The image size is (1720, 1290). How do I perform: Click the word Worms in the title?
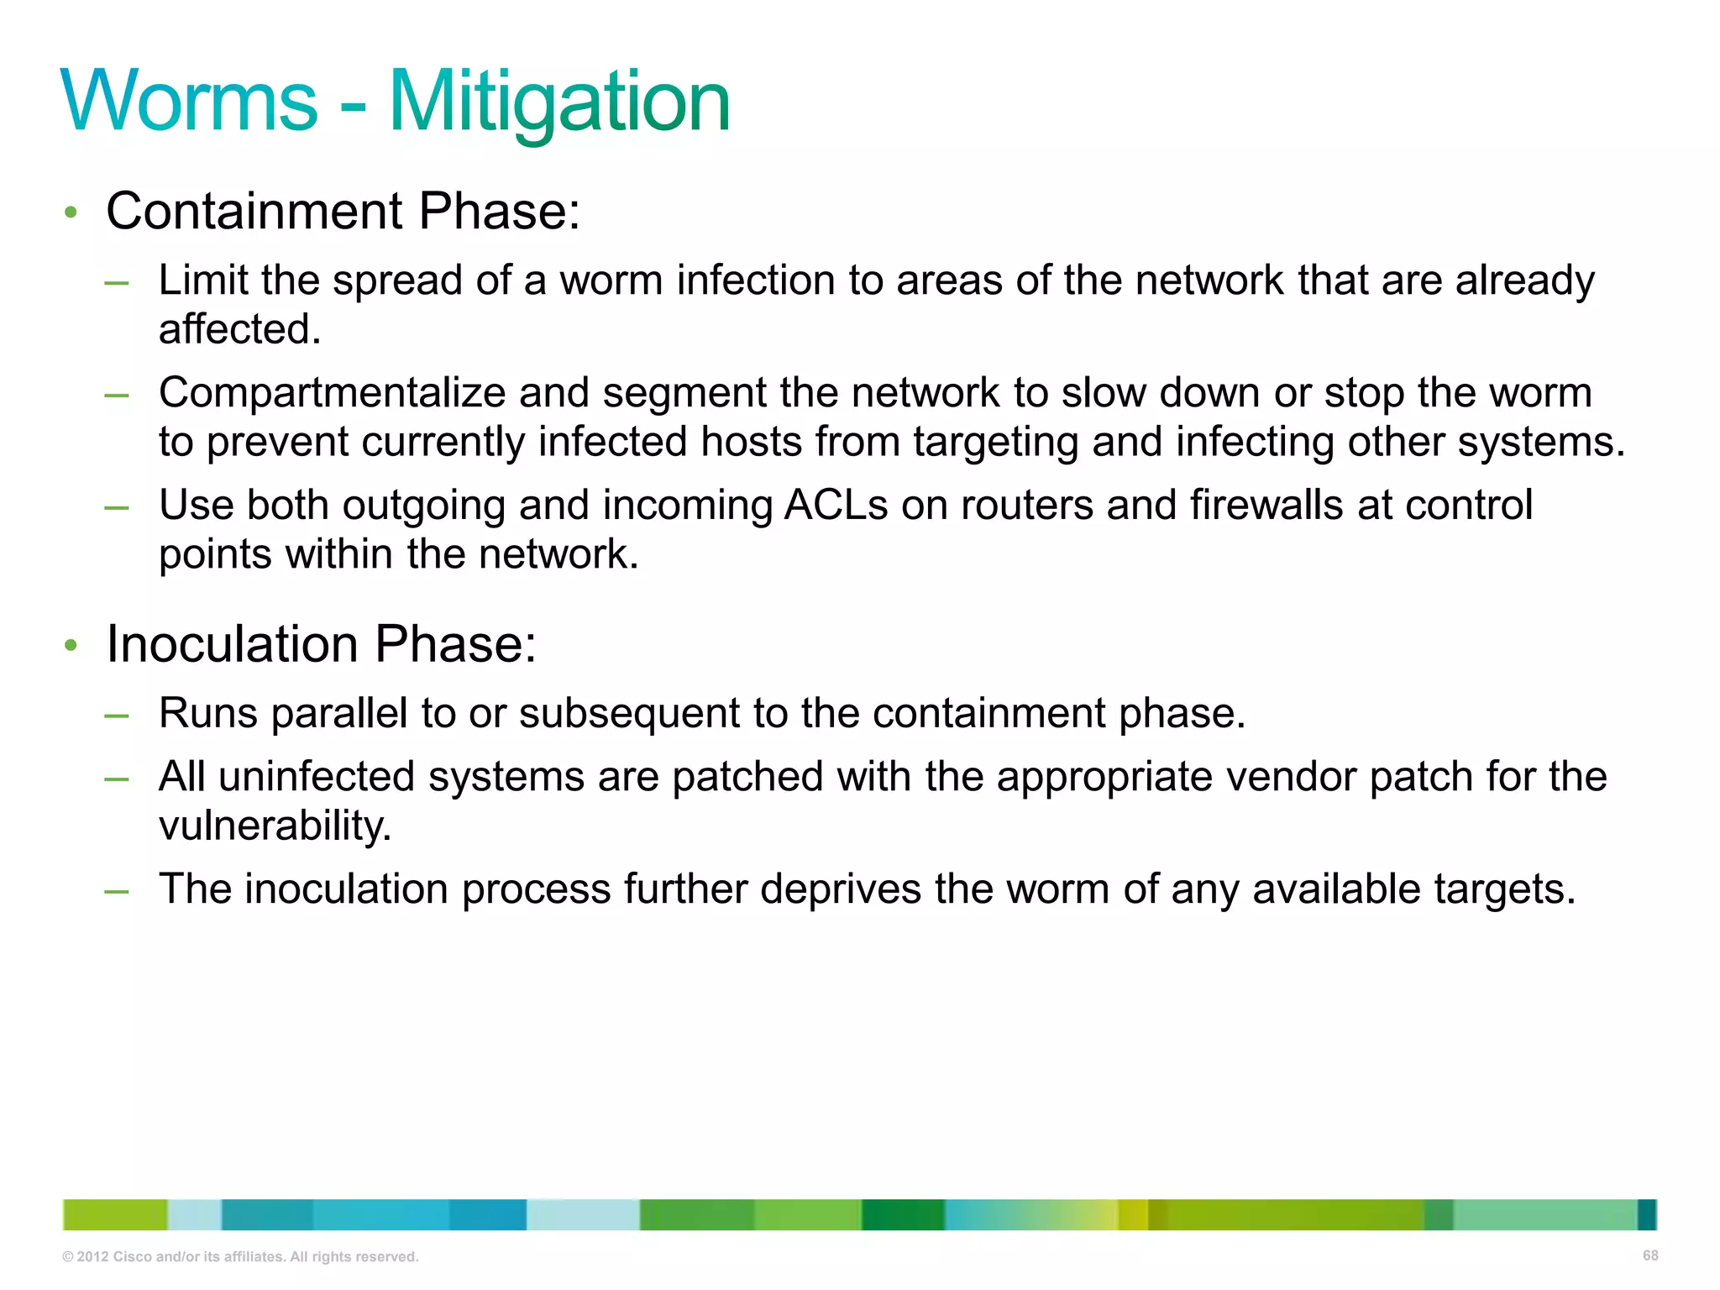pos(190,102)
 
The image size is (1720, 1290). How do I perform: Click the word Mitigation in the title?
pos(559,102)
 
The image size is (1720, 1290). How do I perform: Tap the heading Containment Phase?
pos(343,211)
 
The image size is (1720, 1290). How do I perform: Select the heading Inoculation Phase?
pos(321,644)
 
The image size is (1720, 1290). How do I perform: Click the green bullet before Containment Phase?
pos(71,212)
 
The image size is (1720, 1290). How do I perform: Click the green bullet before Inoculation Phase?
pos(71,646)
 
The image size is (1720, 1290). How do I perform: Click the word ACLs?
pos(836,506)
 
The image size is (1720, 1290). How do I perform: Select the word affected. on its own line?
pos(240,329)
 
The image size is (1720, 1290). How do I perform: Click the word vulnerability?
pos(275,826)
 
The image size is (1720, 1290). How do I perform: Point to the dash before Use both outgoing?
pos(117,506)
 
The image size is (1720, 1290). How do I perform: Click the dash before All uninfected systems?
pos(117,779)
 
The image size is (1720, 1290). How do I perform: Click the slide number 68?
pos(1649,1256)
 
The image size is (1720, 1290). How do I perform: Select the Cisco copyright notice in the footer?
pos(240,1256)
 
